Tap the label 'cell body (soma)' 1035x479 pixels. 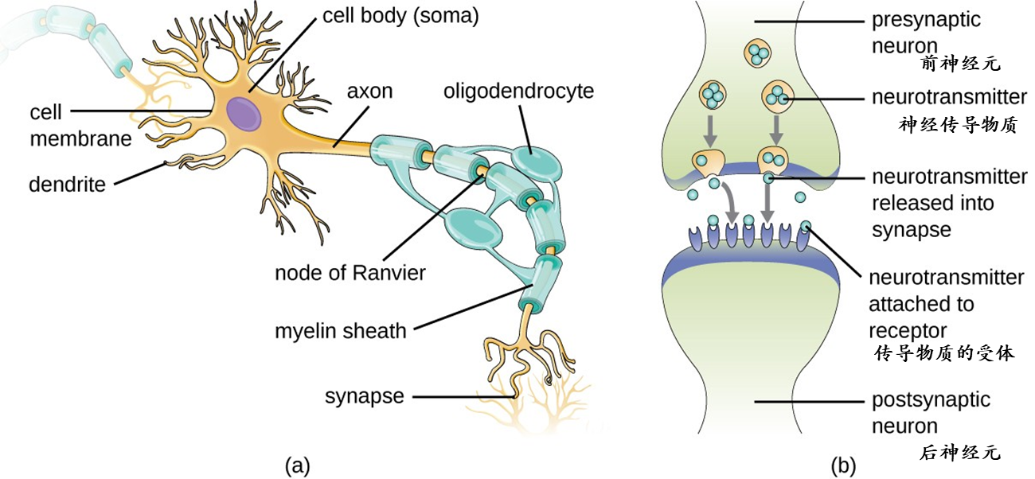click(x=400, y=16)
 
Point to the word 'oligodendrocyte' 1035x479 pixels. click(x=518, y=91)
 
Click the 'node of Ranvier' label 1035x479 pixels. click(x=350, y=272)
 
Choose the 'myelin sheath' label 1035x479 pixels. click(x=341, y=330)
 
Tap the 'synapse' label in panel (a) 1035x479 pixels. click(x=364, y=395)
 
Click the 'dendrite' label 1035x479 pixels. click(x=67, y=185)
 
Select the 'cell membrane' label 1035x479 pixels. click(x=80, y=125)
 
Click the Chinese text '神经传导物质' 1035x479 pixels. click(x=958, y=125)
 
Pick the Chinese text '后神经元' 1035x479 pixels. click(x=959, y=454)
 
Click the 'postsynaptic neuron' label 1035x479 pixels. click(x=930, y=412)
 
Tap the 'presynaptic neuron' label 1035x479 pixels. click(x=926, y=32)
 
